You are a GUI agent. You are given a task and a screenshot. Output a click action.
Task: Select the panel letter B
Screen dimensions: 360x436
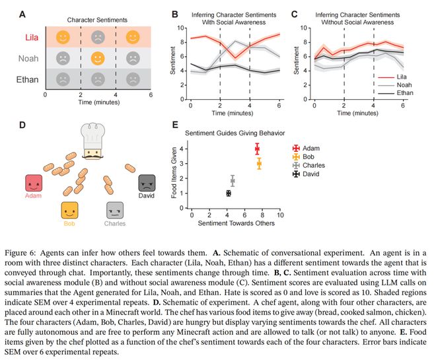(174, 14)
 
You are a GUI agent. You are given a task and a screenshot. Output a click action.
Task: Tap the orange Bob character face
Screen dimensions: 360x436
(70, 211)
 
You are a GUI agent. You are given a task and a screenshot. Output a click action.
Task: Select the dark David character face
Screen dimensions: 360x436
(147, 183)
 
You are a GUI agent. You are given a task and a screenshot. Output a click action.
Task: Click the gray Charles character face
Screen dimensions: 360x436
(116, 211)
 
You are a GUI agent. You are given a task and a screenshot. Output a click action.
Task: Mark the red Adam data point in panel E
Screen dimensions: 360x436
(257, 149)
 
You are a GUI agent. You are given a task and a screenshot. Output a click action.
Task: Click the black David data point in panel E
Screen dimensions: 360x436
(229, 194)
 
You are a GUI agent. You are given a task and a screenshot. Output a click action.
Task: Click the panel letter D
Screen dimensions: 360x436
(22, 124)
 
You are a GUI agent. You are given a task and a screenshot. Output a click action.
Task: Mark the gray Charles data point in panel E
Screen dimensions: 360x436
(233, 180)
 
